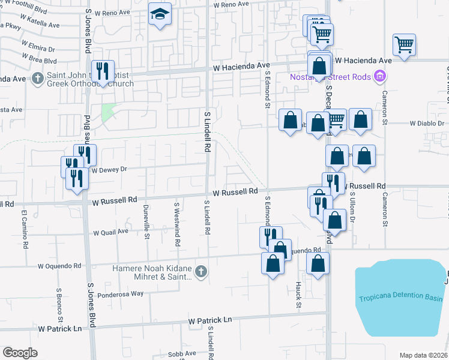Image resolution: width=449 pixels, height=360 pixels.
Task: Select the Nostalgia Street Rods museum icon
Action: coord(379,77)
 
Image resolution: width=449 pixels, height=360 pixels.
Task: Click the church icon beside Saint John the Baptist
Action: coord(38,78)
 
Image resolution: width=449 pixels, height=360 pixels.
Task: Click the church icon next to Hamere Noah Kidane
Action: coord(201,272)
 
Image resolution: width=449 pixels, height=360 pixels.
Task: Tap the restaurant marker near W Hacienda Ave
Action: coord(102,71)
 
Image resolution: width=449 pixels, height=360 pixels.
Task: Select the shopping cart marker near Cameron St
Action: coord(405,44)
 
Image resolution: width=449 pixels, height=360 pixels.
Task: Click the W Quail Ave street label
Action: coord(111,231)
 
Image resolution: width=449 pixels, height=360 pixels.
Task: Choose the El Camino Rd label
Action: coord(25,229)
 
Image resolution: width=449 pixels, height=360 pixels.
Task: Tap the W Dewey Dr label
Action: coord(109,170)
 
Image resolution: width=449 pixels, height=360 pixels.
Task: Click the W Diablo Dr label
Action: coord(426,123)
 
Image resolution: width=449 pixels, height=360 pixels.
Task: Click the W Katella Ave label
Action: coord(42,26)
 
